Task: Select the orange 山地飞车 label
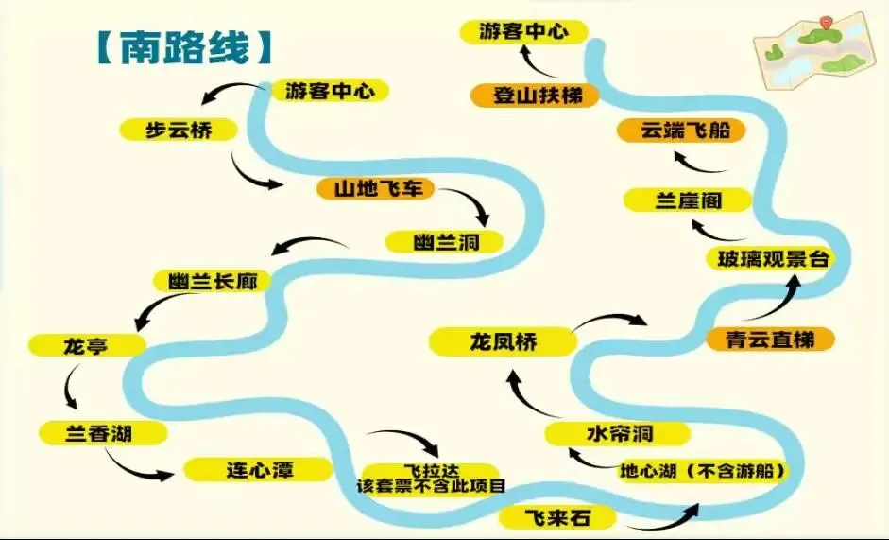point(375,189)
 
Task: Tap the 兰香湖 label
point(103,433)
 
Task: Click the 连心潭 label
point(258,469)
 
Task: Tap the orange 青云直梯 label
point(771,339)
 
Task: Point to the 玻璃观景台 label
point(769,258)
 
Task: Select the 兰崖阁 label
point(688,200)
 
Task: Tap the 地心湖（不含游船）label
point(703,470)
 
